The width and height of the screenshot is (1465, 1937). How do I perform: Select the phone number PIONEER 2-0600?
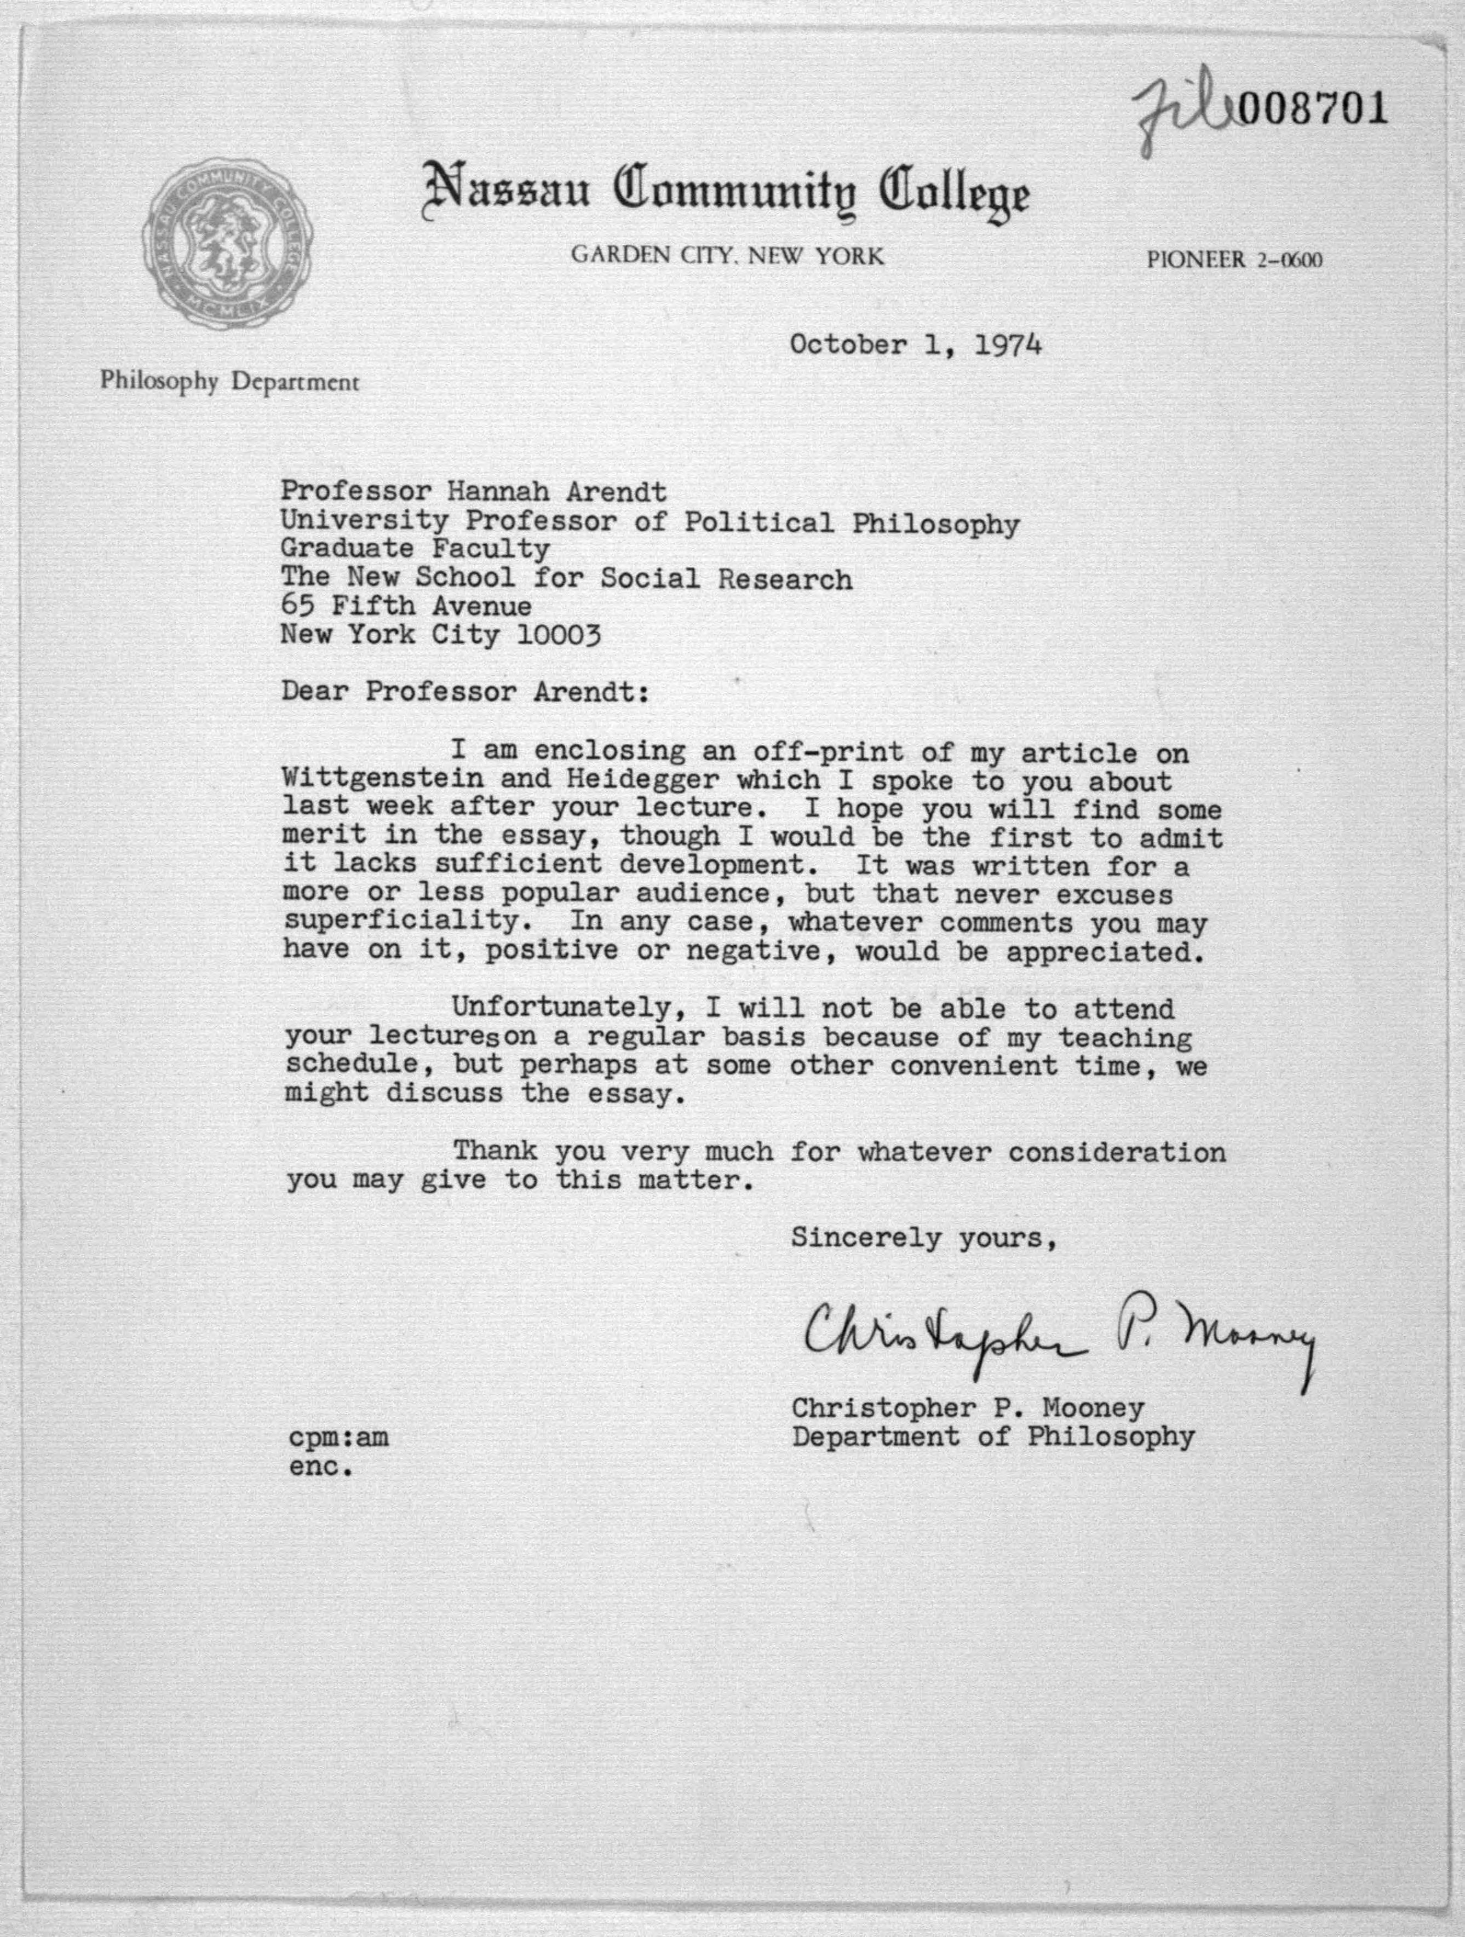[x=1234, y=260]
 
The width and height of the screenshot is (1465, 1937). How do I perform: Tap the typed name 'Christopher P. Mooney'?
[x=968, y=1407]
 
